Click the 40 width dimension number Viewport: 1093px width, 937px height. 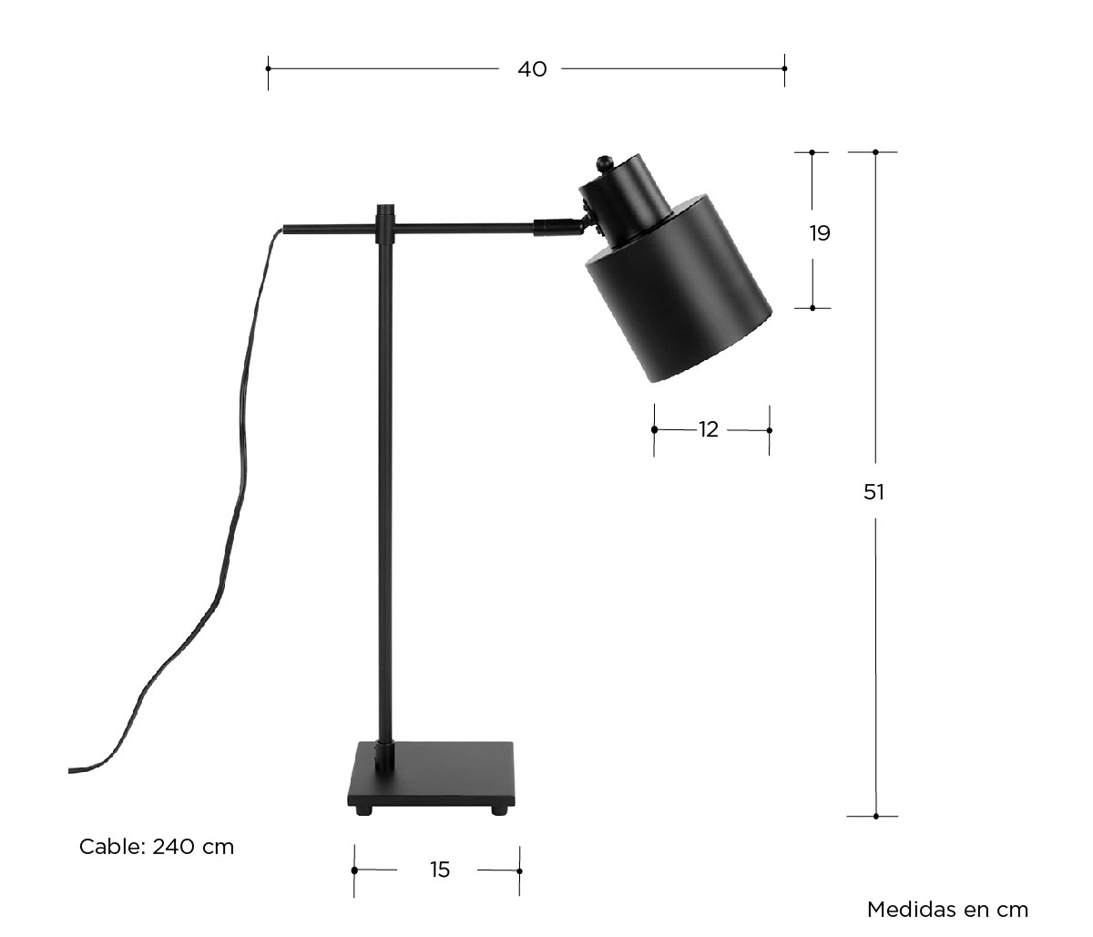[532, 69]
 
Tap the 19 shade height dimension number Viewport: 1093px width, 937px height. [820, 232]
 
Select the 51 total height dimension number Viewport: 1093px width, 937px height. [873, 492]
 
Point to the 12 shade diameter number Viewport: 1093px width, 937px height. [709, 429]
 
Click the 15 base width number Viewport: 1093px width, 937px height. [439, 870]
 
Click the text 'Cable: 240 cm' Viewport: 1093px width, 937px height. [157, 847]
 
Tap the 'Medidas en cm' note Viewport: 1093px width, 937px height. [947, 910]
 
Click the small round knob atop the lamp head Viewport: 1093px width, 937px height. [603, 163]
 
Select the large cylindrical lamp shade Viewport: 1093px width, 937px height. [679, 288]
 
